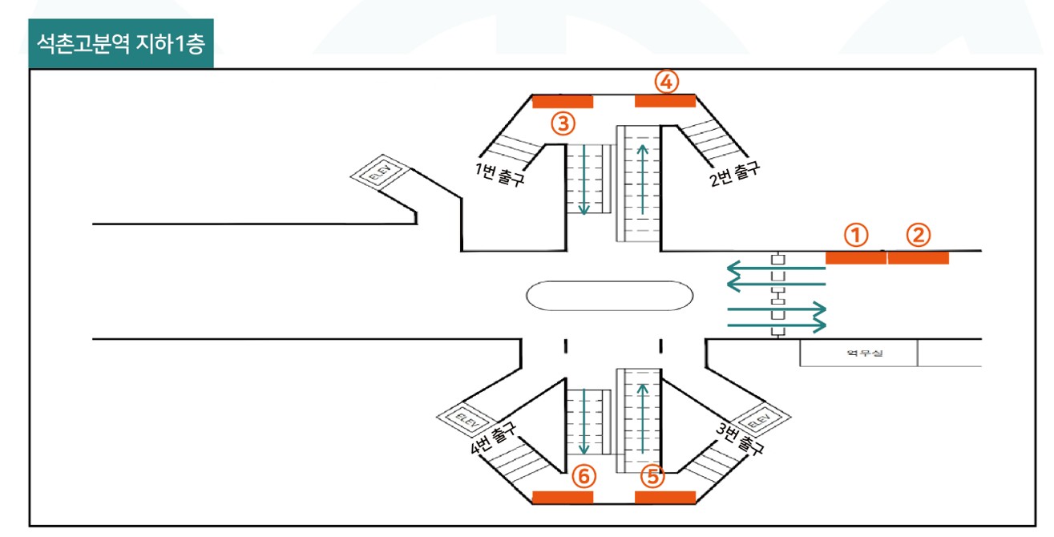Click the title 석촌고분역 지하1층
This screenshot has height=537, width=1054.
point(121,44)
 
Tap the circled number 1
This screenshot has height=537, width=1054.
point(856,235)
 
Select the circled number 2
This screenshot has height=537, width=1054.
point(919,235)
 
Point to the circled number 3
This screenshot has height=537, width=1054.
point(563,123)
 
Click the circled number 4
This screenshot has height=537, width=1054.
point(667,82)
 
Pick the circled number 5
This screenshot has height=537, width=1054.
point(652,476)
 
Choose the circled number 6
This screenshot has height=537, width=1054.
point(584,476)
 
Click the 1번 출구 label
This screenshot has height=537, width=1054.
point(499,174)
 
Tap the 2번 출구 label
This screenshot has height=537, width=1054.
point(734,174)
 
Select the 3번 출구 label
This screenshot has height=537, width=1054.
point(739,438)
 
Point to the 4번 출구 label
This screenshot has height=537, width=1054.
point(494,438)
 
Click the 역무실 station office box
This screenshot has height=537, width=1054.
point(858,353)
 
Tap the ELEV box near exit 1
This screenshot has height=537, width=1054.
point(380,173)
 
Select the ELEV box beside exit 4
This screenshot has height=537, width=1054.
point(466,420)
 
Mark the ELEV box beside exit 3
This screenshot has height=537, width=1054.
point(760,419)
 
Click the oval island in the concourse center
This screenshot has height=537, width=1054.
point(609,296)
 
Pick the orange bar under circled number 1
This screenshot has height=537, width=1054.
point(856,258)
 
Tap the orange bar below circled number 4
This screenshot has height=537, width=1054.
point(665,101)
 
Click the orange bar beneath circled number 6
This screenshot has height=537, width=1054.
point(563,498)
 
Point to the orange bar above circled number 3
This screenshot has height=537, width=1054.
point(563,102)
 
